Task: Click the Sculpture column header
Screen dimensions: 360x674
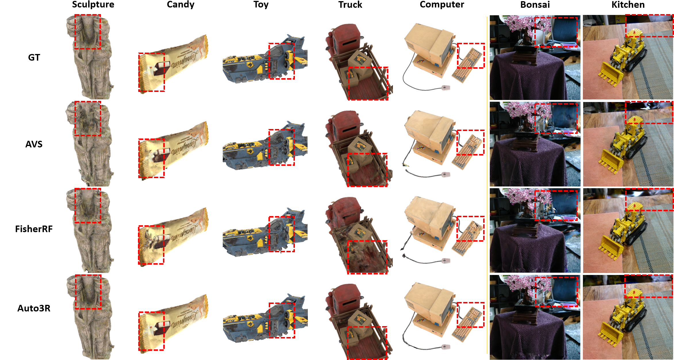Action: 93,5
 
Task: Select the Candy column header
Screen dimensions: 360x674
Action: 180,5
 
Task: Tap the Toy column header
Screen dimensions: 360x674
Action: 261,5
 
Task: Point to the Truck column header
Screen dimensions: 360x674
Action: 350,5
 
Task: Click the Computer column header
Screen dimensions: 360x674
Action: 442,5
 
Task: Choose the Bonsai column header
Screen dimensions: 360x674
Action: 535,5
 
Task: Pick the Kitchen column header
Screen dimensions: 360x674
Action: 628,5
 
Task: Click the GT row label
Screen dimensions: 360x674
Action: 34,57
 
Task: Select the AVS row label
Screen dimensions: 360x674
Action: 34,144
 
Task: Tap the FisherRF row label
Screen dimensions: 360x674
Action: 34,229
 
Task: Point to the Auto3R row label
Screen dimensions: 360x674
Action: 34,308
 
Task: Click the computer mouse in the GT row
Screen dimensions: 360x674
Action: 446,88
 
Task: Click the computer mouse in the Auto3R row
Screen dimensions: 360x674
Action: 445,347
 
